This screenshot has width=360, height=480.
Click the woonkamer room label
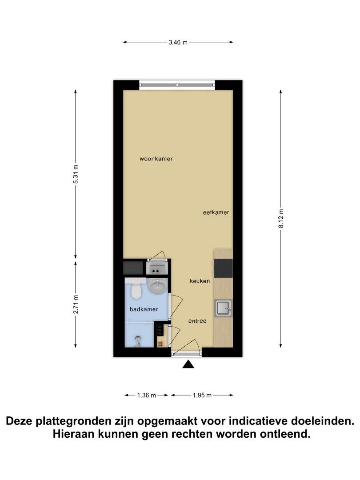[156, 159]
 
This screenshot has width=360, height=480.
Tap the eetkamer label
[216, 212]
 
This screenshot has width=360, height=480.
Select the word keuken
[200, 281]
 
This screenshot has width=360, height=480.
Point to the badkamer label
[144, 309]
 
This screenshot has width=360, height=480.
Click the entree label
[197, 321]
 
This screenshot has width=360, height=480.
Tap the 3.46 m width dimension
[178, 43]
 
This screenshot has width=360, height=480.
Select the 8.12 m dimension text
[281, 218]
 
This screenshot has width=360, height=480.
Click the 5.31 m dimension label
[76, 174]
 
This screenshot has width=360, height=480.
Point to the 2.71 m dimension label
[76, 304]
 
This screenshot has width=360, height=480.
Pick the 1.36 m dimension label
[147, 395]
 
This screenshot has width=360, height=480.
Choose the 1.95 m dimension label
[202, 395]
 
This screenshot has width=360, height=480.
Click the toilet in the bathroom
[135, 289]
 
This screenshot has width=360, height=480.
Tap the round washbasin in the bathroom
[157, 286]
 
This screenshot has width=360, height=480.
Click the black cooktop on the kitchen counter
[223, 268]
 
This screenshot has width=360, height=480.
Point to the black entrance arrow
[188, 364]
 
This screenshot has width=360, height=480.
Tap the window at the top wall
[177, 85]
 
